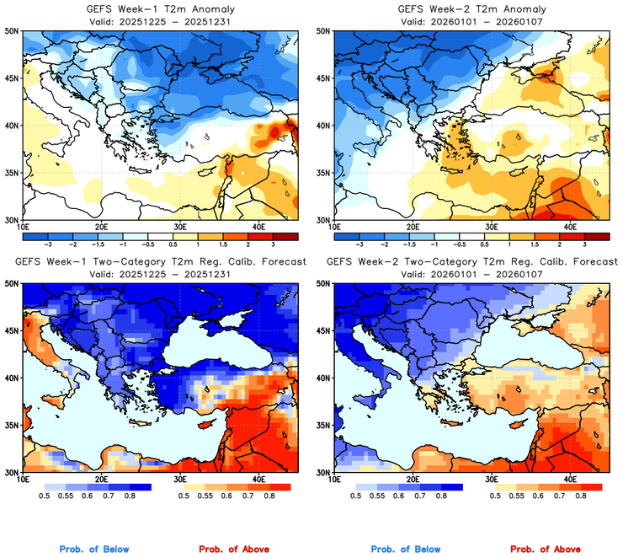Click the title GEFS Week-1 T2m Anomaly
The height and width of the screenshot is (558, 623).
(160, 8)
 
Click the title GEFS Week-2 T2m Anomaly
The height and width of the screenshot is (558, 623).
(471, 8)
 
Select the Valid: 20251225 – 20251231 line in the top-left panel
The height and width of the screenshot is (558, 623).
(160, 20)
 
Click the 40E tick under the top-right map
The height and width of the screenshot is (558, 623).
(569, 227)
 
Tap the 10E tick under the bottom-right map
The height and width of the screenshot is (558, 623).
(334, 479)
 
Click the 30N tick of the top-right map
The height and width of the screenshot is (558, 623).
(323, 219)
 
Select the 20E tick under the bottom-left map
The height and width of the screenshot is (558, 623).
(101, 479)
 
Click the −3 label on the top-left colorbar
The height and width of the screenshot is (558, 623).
(50, 242)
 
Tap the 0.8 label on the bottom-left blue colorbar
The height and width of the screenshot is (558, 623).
(130, 497)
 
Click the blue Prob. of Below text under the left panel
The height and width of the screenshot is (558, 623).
(93, 549)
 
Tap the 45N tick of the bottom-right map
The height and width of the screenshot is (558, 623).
(323, 330)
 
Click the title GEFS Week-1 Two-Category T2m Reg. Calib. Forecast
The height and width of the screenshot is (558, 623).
(160, 262)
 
